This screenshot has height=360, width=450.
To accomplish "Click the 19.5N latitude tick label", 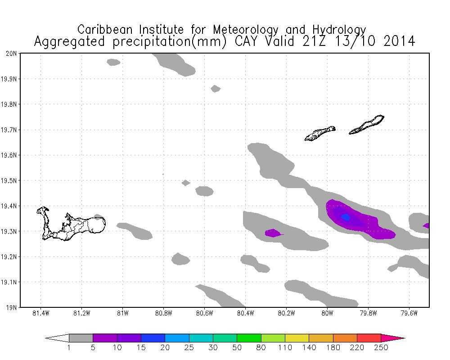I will (x=9, y=181).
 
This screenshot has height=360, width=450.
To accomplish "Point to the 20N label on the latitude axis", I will (x=12, y=54).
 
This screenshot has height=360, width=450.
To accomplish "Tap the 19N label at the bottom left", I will (x=12, y=308).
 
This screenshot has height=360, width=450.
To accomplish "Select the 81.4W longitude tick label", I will (x=40, y=314).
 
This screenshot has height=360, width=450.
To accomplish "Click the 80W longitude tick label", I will (x=327, y=314).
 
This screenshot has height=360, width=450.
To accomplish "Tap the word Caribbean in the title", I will (x=106, y=30).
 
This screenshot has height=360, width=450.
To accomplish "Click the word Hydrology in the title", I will (x=341, y=30).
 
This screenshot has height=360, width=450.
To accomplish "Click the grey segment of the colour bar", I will (x=81, y=338).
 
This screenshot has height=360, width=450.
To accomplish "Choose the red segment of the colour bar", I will (x=369, y=338).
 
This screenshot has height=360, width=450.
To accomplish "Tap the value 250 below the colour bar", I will (x=381, y=347).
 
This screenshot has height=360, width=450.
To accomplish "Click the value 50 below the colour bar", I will (x=237, y=347).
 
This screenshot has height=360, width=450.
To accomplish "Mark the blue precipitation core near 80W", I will (x=346, y=217).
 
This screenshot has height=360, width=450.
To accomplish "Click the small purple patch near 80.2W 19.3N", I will (x=273, y=233).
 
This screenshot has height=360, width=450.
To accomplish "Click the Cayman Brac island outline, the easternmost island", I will (x=367, y=125).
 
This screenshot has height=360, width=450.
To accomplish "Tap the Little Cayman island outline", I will (x=320, y=133).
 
